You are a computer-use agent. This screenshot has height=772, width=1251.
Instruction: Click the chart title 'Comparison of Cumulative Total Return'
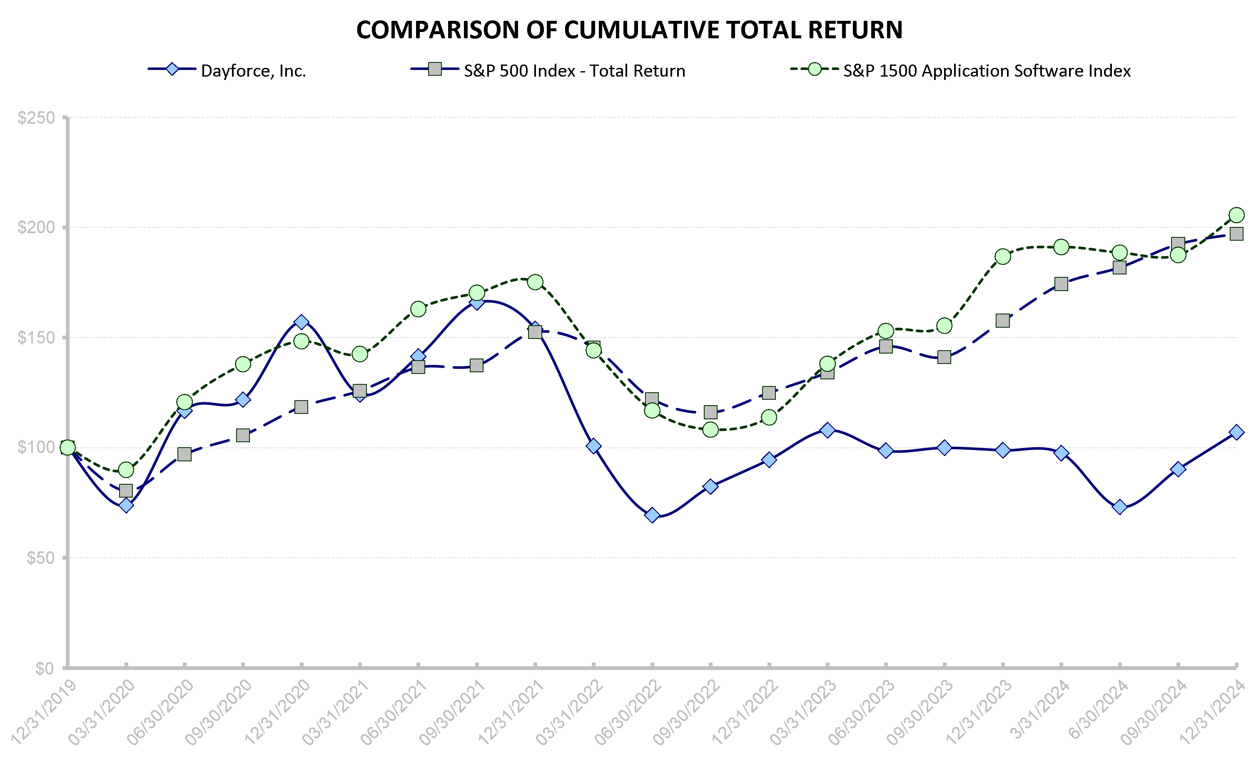coord(629,30)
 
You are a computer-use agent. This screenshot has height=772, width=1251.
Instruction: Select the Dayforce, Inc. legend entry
coord(253,70)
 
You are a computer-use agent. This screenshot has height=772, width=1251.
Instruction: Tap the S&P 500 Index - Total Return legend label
coord(574,70)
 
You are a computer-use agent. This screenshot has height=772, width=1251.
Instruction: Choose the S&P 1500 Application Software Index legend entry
coord(986,70)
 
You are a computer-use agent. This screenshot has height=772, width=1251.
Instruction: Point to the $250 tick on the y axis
coord(36,118)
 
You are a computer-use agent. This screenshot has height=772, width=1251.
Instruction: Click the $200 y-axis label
coord(36,227)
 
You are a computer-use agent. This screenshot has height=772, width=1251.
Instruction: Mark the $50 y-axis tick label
coord(40,558)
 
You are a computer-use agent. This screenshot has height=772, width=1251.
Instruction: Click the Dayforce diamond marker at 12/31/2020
coord(301,322)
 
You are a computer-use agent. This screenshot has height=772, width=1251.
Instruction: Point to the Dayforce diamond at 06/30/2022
coord(652,515)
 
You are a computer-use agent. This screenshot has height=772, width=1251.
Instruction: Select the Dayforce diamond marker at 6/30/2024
coord(1119,507)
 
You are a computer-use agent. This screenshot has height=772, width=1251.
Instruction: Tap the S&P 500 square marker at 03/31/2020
coord(126,491)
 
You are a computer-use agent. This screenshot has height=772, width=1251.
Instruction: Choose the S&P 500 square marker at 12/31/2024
coord(1236,234)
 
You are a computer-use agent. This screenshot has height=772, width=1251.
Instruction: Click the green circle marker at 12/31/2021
coord(535,282)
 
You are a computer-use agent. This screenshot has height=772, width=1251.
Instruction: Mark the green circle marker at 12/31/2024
coord(1236,215)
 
